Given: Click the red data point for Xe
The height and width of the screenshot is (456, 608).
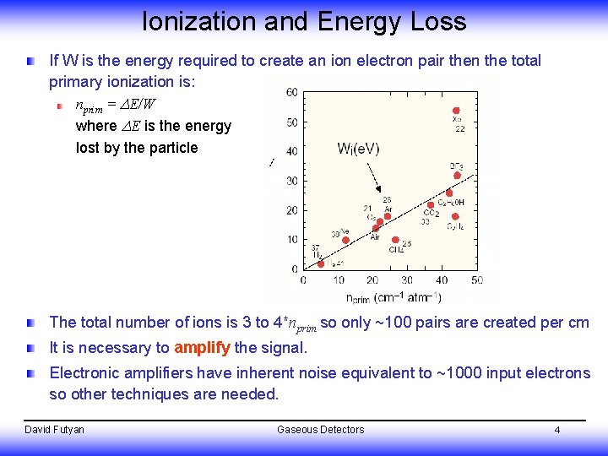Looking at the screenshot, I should [x=456, y=111].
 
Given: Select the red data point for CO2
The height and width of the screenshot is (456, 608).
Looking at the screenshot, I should [x=431, y=204].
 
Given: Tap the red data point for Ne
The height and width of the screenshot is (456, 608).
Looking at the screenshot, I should [x=345, y=241].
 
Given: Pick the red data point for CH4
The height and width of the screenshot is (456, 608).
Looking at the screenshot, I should [x=395, y=240].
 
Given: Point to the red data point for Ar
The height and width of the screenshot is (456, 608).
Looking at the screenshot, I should [x=388, y=216].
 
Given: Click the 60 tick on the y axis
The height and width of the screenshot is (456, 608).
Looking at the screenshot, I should [x=291, y=92].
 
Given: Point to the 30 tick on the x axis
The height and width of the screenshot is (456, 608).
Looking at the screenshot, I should [x=407, y=280].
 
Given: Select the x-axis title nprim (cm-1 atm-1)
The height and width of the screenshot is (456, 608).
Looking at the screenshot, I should [x=394, y=296].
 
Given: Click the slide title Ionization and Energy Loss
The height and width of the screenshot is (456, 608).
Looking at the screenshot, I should [x=304, y=21].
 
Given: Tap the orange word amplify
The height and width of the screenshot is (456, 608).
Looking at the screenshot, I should [x=201, y=348].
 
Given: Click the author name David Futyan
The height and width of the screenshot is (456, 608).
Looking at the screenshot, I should [x=55, y=430].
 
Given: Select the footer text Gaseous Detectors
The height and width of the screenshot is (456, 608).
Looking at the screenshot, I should [x=320, y=430].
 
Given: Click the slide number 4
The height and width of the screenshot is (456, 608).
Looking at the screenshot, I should [x=557, y=430].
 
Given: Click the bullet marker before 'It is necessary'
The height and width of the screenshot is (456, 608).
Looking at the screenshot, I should [x=31, y=348].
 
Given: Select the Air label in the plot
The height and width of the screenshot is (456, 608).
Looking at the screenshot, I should [x=375, y=236].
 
